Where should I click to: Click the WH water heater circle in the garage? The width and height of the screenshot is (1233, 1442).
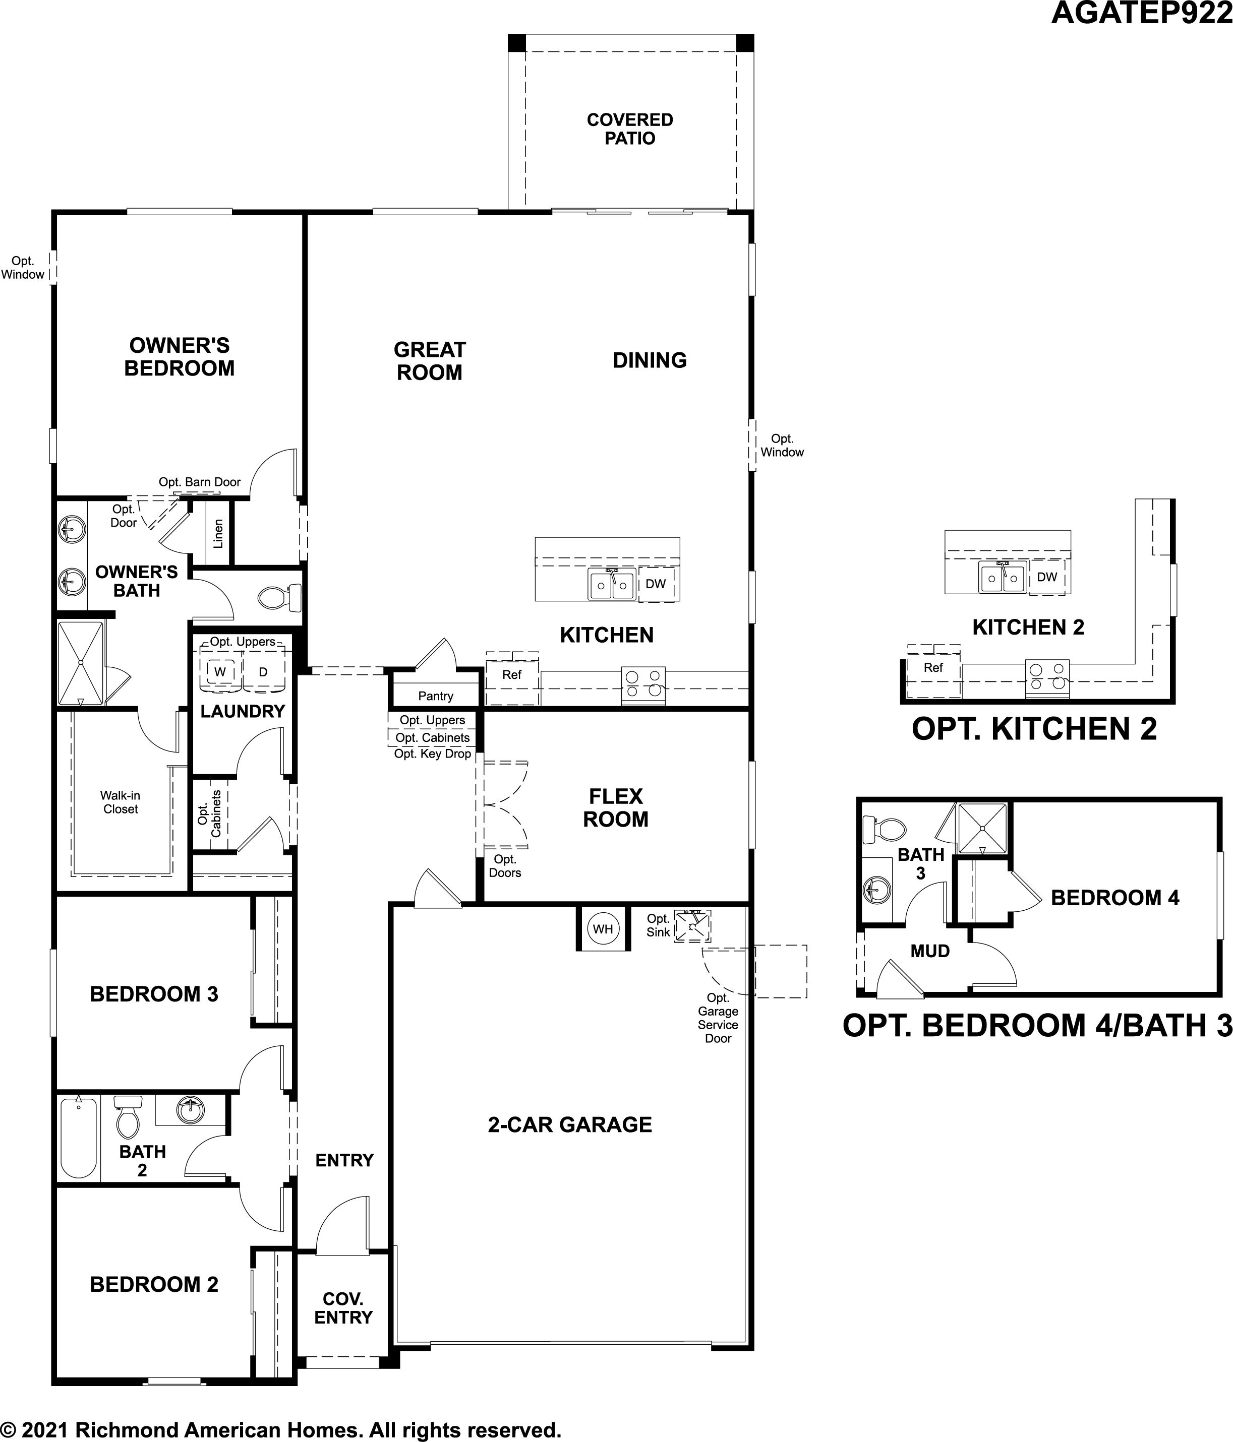(603, 928)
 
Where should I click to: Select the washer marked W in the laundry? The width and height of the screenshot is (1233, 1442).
(220, 671)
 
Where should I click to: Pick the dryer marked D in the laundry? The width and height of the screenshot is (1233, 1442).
(263, 671)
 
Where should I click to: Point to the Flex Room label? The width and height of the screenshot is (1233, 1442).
(615, 807)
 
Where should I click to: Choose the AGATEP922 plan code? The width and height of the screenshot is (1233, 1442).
(1142, 13)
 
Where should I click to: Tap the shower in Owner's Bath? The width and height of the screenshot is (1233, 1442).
(80, 663)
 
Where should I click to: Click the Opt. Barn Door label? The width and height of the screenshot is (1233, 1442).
(200, 482)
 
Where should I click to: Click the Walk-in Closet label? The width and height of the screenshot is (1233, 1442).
(121, 802)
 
